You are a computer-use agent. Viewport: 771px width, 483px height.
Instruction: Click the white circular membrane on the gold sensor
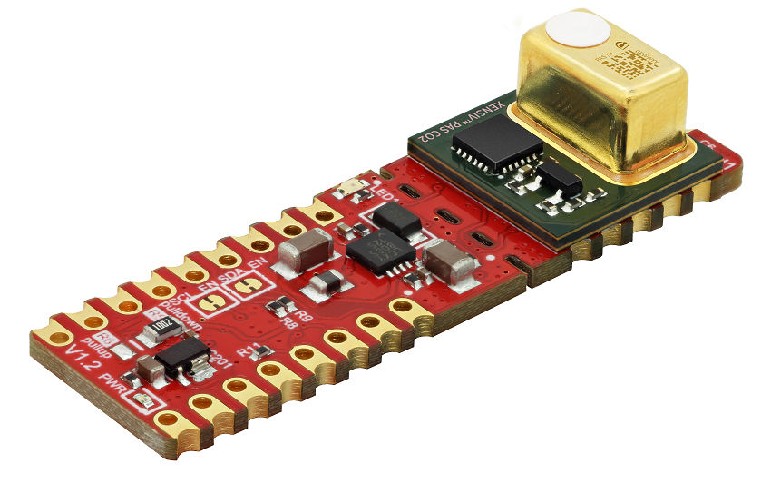pos(576,30)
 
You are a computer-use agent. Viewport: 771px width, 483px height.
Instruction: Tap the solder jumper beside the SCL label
pos(210,304)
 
